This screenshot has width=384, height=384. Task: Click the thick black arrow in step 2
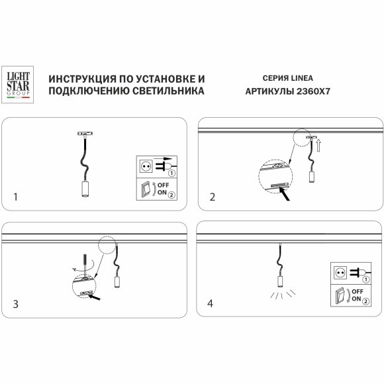(288, 195)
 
